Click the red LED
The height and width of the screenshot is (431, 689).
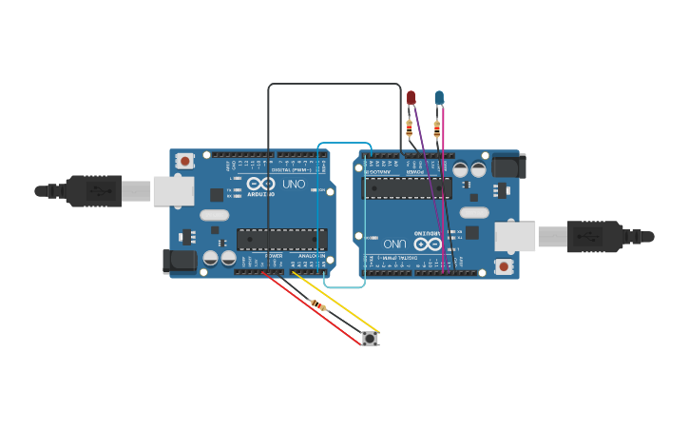[x=411, y=97]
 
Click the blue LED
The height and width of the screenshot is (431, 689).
[x=439, y=97]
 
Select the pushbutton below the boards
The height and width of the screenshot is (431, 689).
[x=370, y=338]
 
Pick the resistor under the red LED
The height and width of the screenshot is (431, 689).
[x=410, y=127]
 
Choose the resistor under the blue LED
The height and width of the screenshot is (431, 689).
[x=437, y=128]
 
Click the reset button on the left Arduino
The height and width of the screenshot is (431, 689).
[x=185, y=161]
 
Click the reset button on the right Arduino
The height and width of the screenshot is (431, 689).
[x=504, y=266]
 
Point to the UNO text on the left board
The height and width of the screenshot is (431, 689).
[x=294, y=184]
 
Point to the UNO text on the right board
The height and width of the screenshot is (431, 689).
[x=395, y=244]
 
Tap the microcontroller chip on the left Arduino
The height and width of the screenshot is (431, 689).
[x=281, y=239]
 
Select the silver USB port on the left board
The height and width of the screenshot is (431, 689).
[x=173, y=191]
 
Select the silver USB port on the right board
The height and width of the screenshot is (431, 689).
[x=515, y=237]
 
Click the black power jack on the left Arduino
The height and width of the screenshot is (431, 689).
[x=180, y=261]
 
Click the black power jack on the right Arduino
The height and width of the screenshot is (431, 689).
[x=508, y=167]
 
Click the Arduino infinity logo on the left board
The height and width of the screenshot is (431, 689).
[x=260, y=184]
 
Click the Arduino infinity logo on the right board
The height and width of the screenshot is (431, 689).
[x=428, y=244]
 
